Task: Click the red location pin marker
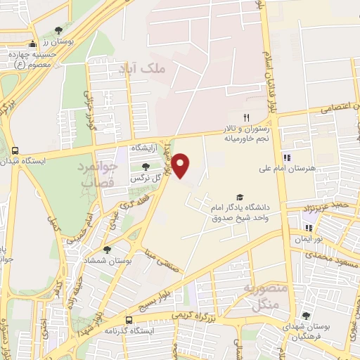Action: point(182,165)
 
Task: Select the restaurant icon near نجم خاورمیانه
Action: point(245,117)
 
